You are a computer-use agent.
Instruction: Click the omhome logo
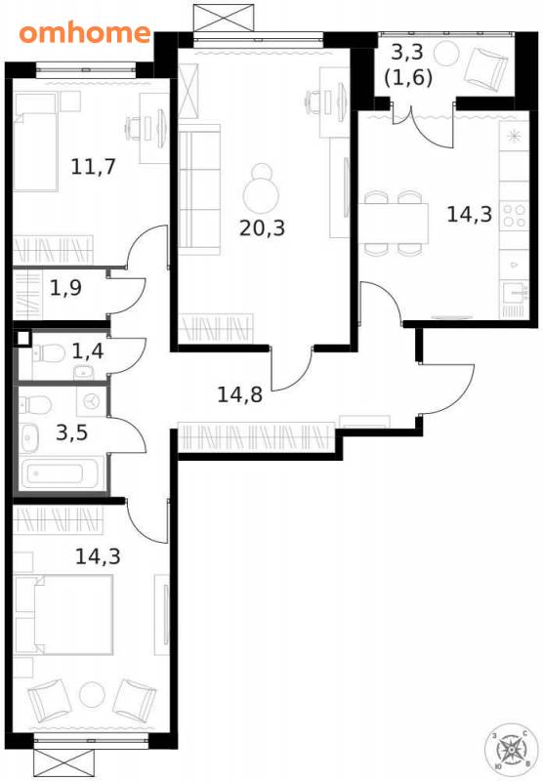click(85, 33)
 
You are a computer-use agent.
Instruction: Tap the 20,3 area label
click(262, 228)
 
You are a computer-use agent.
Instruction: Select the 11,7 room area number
click(93, 166)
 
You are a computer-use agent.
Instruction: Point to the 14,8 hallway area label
click(239, 395)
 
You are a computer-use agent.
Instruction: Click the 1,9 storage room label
click(65, 288)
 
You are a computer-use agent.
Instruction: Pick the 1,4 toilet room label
click(88, 351)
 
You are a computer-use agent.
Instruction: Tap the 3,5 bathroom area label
click(71, 432)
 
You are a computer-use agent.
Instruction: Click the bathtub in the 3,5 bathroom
click(55, 473)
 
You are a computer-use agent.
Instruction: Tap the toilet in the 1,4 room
click(49, 354)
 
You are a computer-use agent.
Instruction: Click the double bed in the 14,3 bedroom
click(63, 614)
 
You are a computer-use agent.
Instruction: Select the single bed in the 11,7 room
click(35, 143)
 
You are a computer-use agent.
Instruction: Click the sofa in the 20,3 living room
click(199, 189)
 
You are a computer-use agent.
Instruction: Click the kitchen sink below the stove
click(514, 293)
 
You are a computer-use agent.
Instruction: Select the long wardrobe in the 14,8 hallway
click(256, 437)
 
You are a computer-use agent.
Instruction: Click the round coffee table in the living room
click(261, 194)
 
